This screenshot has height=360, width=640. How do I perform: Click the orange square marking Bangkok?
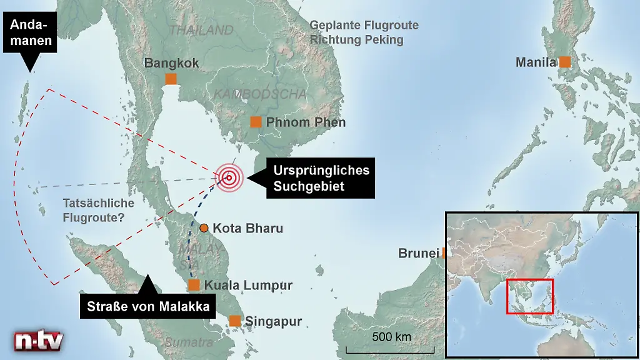[170, 79]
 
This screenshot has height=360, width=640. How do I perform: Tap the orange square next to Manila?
[564, 62]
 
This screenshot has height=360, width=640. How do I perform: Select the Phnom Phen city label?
[306, 122]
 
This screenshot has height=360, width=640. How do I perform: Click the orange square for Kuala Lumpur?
[194, 285]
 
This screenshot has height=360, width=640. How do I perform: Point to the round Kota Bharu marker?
[204, 228]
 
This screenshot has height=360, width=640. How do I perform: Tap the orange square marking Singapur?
[235, 321]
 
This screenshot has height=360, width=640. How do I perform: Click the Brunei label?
[419, 253]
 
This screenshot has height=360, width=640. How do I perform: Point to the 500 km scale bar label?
[391, 337]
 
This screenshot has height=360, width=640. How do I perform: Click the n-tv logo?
[39, 341]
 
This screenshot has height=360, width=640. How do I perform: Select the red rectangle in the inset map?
[529, 296]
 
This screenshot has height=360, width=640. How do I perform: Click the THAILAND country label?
[202, 30]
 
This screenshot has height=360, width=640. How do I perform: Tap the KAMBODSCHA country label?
[261, 94]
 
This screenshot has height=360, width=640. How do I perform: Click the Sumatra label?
[190, 342]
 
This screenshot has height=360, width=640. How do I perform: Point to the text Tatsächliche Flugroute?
[99, 211]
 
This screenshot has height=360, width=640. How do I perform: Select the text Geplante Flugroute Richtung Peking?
[364, 32]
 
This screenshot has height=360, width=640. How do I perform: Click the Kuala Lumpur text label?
[248, 286]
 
